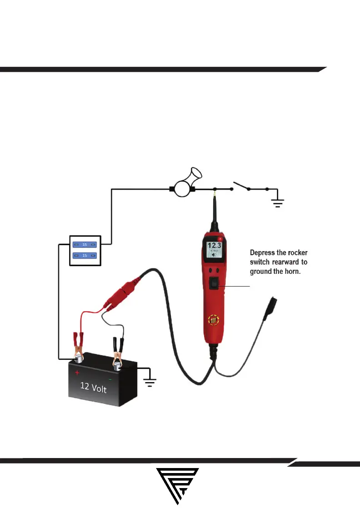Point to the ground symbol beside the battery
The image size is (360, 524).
150,379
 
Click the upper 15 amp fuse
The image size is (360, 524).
85,245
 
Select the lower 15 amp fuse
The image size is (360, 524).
85,256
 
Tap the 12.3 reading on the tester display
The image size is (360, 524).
215,247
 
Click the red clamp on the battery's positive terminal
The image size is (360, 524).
77,343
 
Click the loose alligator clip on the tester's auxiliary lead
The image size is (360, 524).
271,304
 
